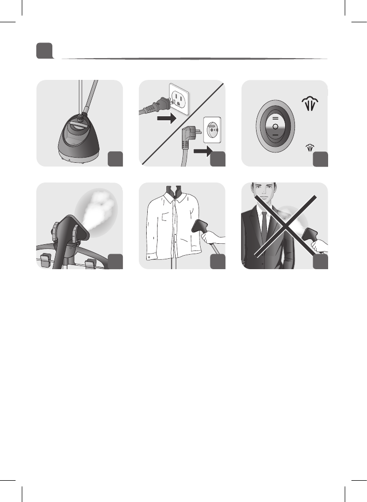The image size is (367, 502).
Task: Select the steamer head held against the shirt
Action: tap(200, 226)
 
